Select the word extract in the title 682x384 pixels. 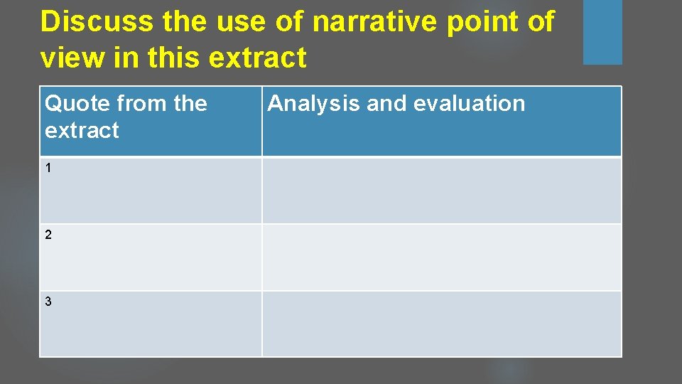point(257,58)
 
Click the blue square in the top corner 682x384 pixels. point(602,32)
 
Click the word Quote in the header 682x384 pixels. point(77,104)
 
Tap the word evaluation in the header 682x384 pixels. point(469,104)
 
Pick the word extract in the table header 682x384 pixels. point(82,131)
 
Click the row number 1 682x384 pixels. point(48,168)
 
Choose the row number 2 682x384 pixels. point(48,235)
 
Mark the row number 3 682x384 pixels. point(48,302)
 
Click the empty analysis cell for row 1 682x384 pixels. point(441,190)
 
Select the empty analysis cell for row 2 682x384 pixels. point(441,257)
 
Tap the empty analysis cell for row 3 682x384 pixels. point(441,324)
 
